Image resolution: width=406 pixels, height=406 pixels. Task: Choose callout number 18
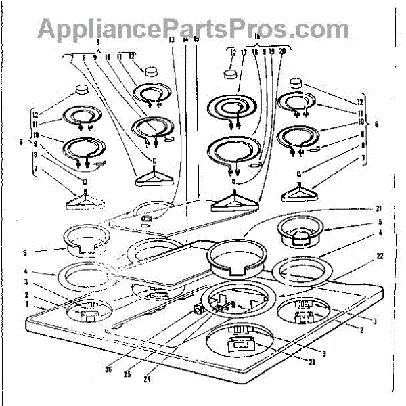click(254, 53)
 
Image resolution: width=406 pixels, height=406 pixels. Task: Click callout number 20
click(281, 53)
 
